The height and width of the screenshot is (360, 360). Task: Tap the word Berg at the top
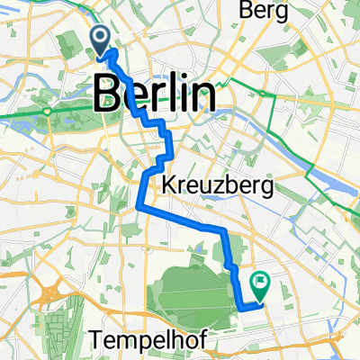[x=265, y=12]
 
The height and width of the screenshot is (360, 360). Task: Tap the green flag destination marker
[x=261, y=285]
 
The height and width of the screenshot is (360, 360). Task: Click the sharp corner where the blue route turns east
[x=139, y=208]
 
